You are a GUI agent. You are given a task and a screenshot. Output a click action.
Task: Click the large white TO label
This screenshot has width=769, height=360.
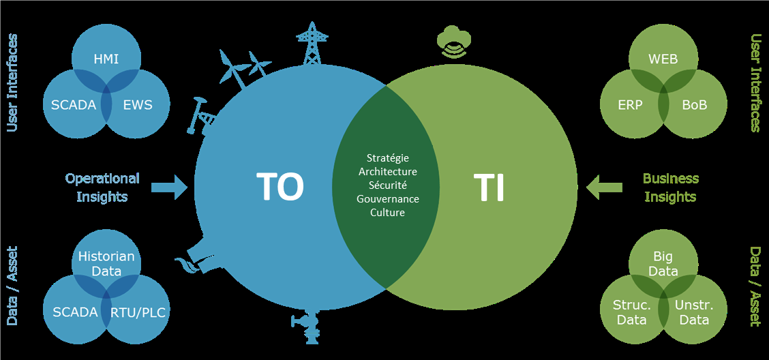280,187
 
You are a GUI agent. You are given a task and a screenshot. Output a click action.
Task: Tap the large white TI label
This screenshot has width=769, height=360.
490,187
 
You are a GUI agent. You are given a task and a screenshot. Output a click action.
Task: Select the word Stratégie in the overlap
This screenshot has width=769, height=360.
387,158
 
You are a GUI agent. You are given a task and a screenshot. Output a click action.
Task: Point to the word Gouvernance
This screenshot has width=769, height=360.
387,199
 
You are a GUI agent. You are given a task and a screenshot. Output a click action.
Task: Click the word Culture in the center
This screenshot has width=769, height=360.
387,213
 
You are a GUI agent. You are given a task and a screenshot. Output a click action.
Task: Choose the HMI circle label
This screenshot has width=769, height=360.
106,59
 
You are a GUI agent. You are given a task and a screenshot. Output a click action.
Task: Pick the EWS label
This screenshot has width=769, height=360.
138,104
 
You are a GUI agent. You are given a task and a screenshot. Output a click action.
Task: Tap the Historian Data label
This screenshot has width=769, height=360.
106,263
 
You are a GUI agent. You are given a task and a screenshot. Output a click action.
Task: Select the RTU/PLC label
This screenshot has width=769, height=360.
137,312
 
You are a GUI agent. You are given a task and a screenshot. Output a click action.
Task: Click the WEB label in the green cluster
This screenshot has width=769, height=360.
663,59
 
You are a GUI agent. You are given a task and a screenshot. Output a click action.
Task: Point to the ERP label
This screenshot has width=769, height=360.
630,104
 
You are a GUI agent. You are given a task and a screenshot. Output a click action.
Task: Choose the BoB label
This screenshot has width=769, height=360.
695,104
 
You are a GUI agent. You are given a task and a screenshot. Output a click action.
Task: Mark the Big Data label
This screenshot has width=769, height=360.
663,263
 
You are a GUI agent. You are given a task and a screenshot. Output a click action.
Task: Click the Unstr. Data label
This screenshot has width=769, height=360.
694,312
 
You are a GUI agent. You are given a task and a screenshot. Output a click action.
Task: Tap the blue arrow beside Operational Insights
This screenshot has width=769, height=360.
169,187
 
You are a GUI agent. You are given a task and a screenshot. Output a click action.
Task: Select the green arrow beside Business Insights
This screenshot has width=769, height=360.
604,187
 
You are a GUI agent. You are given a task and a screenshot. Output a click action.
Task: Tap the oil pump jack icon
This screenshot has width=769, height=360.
202,116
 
